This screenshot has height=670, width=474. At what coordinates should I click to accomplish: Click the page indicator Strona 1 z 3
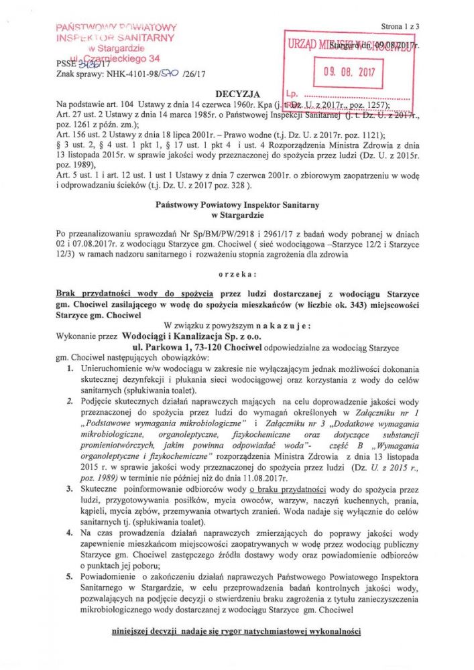[400, 26]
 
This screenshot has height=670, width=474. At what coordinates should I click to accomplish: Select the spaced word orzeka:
[237, 275]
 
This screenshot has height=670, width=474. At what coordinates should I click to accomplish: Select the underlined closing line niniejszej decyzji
[237, 632]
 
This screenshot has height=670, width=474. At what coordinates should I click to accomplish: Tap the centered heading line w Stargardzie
[237, 215]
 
